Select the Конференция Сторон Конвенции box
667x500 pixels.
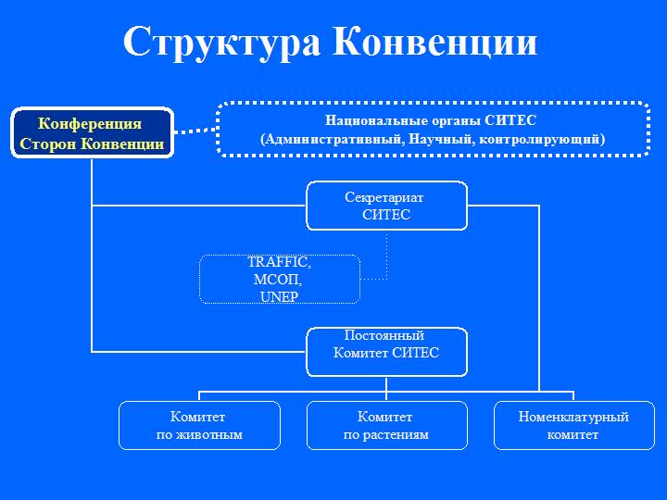92,133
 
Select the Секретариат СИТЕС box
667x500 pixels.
386,206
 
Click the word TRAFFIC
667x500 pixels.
279,263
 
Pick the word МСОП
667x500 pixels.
278,280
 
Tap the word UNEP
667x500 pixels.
278,296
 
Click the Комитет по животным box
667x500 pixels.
198,426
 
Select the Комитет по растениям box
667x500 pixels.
386,426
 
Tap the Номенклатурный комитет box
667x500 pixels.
573,426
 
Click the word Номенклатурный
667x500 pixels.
573,418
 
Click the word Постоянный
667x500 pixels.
384,335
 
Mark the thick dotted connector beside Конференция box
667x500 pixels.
195,130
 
